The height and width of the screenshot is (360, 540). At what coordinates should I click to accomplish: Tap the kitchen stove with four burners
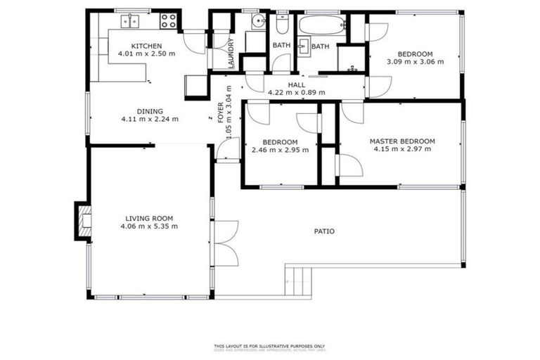click(169, 21)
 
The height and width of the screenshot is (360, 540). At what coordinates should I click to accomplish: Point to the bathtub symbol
click(321, 27)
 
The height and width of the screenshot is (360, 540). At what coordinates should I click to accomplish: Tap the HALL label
click(296, 84)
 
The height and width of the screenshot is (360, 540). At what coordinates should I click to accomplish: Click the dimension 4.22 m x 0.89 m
click(296, 92)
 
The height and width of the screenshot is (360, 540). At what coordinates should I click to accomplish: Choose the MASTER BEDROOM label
click(402, 141)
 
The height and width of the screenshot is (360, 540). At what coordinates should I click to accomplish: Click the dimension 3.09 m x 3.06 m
click(415, 62)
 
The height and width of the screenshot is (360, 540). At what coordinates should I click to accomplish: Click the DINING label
click(150, 111)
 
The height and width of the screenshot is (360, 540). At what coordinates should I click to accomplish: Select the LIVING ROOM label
click(149, 218)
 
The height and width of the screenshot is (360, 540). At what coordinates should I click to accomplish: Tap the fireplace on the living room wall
click(83, 220)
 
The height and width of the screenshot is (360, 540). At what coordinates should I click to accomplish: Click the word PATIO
click(324, 231)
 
